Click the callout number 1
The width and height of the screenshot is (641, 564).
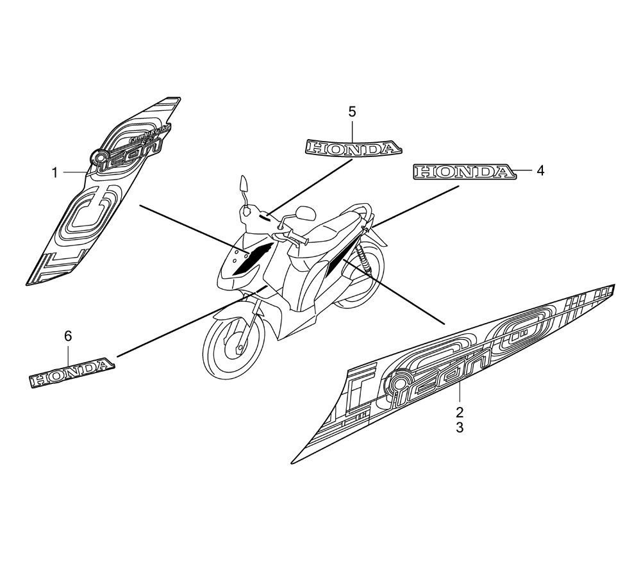pyautogui.click(x=55, y=172)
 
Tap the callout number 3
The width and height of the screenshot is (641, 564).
pyautogui.click(x=460, y=427)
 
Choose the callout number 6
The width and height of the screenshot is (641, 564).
pyautogui.click(x=69, y=335)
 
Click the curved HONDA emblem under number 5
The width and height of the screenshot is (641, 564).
pyautogui.click(x=351, y=149)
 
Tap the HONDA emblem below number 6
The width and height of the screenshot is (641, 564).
pyautogui.click(x=72, y=371)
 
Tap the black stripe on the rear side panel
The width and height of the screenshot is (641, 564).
pyautogui.click(x=338, y=256)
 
